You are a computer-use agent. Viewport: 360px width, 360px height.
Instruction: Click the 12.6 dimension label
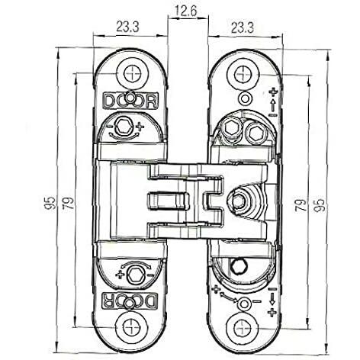click(186, 11)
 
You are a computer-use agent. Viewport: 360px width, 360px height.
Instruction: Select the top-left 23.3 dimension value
click(127, 27)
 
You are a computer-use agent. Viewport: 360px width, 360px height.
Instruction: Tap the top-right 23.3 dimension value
click(243, 27)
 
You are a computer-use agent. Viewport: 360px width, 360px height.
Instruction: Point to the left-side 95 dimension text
click(51, 203)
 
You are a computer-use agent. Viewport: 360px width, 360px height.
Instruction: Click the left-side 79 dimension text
click(69, 203)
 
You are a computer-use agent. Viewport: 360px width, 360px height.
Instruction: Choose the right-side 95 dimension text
click(319, 205)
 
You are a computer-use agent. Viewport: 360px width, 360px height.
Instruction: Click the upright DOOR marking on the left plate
click(130, 101)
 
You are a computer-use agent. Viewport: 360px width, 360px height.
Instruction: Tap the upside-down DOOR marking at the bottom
click(130, 301)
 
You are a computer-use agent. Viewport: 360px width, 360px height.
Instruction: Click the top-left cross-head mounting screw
click(133, 74)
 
